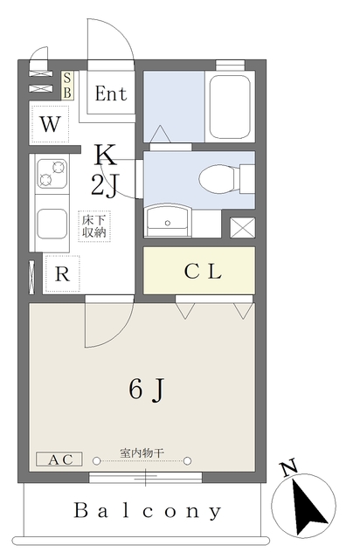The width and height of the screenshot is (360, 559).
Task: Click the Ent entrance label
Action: [110, 94]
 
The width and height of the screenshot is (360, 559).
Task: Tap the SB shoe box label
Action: [68, 85]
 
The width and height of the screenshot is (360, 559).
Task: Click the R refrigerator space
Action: [61, 273]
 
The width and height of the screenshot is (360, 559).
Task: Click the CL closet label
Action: [203, 271]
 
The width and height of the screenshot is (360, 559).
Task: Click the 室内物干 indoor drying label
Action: [142, 454]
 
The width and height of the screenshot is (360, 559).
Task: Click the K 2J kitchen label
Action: [105, 169]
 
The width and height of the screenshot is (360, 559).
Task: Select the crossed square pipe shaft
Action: [241, 226]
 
